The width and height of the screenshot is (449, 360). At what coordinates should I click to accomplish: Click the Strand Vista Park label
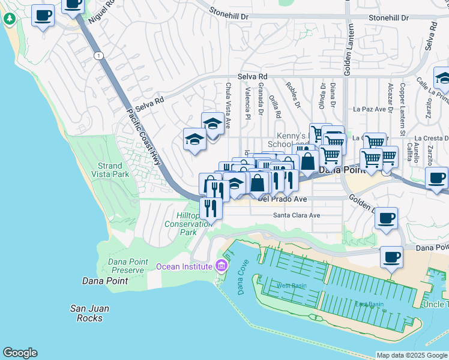tap(110, 170)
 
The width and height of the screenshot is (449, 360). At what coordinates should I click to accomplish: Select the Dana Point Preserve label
tap(127, 266)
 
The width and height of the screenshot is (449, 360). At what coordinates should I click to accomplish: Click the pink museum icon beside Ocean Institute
tap(221, 266)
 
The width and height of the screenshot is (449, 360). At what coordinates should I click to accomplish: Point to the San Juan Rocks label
tap(89, 313)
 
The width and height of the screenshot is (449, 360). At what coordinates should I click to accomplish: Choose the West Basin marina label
tap(291, 286)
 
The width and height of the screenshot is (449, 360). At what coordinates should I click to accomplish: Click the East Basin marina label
tap(369, 304)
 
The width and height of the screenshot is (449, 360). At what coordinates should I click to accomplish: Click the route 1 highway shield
tap(98, 55)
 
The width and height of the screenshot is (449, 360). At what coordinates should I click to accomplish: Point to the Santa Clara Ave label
tap(297, 215)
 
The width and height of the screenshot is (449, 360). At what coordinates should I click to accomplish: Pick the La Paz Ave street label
tap(369, 109)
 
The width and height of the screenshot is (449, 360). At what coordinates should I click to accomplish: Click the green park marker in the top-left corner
tap(9, 18)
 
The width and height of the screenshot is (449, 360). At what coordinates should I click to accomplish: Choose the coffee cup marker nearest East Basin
tap(392, 257)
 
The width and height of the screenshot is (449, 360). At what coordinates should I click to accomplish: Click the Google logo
tap(20, 353)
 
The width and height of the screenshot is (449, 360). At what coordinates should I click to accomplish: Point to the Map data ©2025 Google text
tap(411, 356)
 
